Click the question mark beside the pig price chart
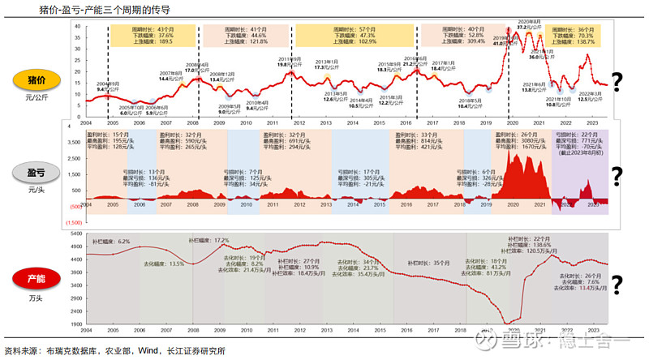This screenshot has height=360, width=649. click(x=617, y=80)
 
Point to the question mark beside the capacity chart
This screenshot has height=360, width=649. click(x=617, y=284)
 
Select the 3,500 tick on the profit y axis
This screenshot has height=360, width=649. click(x=73, y=140)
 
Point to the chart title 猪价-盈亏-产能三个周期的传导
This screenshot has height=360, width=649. click(x=73, y=8)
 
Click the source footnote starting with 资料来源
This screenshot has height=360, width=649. click(x=114, y=351)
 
